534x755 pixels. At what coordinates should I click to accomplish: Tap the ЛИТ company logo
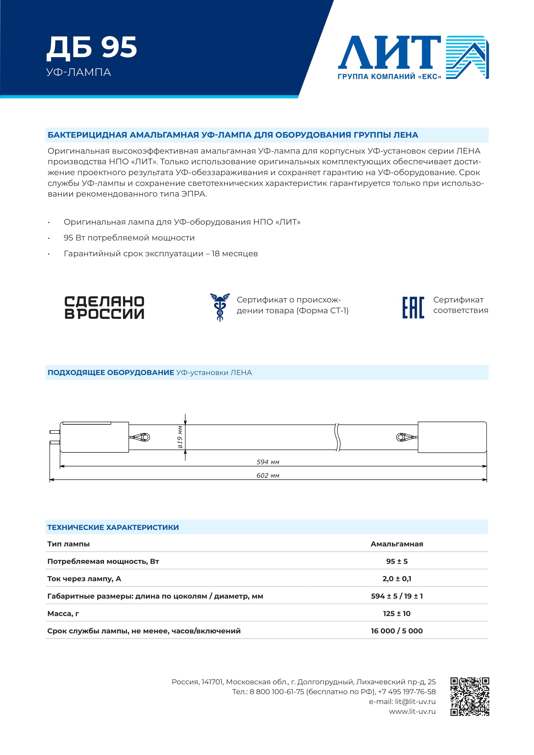pos(413,57)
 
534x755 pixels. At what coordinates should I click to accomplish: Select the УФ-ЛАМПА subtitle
pos(78,72)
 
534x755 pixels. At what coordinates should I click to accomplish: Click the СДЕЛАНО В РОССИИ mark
pos(104,308)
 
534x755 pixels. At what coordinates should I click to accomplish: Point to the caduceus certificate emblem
pos(220,307)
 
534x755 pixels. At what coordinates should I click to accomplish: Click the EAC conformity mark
pos(413,308)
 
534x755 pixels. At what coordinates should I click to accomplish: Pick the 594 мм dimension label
pos(268,462)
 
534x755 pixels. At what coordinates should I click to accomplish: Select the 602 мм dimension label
pos(268,475)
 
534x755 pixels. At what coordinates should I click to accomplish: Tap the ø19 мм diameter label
pos(180,437)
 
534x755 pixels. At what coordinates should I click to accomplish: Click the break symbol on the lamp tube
pos(337,437)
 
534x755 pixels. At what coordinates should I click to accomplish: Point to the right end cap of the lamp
pos(452,437)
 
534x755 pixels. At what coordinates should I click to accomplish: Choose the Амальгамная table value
pos(396,544)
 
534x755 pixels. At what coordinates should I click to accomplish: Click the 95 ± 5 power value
pos(396,561)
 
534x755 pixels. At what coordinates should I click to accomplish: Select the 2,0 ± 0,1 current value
pos(396,579)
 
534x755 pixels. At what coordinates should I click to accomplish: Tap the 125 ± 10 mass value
pos(396,614)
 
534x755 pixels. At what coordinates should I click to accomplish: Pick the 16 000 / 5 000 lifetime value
pos(396,631)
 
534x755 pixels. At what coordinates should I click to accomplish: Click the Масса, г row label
pos(63,614)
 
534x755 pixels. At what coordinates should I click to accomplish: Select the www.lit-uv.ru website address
pos(412,712)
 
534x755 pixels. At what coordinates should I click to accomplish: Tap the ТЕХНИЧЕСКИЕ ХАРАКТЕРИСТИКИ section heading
pos(113,527)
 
